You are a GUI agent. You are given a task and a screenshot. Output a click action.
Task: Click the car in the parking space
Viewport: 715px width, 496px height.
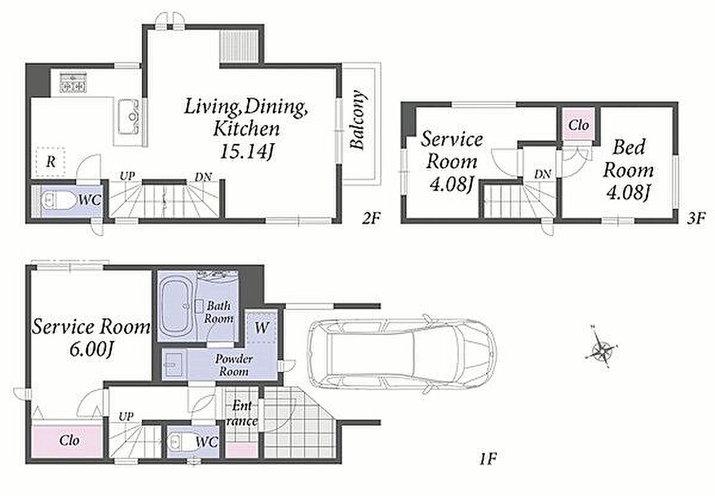point(401,354)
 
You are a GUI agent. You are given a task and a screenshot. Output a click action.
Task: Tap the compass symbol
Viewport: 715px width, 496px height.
point(602,349)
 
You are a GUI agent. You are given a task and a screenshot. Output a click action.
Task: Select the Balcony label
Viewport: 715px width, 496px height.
point(358,120)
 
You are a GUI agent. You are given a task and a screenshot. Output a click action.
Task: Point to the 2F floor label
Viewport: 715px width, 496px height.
point(371,219)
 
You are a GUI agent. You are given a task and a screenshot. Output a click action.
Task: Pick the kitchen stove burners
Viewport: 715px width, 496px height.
point(73,83)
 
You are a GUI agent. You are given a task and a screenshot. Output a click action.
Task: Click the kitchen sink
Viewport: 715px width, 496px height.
point(129,117)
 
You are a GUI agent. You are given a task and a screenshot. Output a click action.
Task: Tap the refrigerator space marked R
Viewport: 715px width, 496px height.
point(51,162)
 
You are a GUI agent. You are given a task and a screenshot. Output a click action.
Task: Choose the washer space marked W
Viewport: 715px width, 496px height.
point(262,327)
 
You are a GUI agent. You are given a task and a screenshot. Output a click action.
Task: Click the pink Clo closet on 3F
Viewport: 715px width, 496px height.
point(579,125)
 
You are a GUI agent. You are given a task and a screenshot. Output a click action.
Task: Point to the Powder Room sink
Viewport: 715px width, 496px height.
point(173,365)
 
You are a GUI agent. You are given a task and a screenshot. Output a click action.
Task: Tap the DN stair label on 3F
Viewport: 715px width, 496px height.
point(543,174)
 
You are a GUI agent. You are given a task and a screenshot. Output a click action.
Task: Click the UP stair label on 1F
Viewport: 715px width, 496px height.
point(126,416)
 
